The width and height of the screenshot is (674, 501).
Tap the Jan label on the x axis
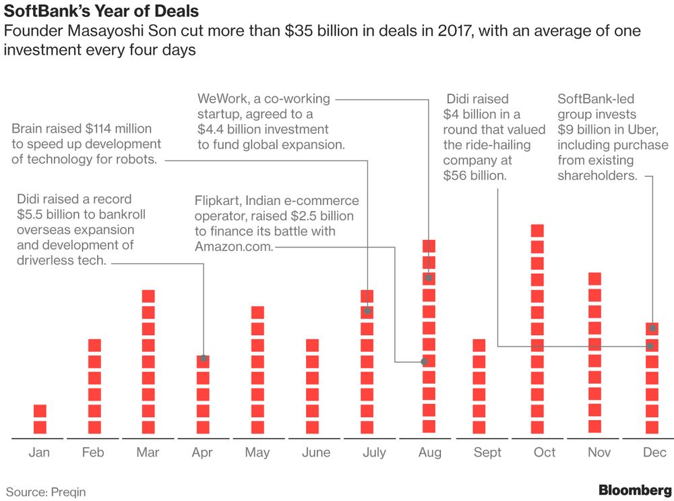pos(39,452)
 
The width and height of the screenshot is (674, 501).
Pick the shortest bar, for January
pos(40,419)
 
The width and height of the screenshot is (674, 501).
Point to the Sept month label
pos(487,452)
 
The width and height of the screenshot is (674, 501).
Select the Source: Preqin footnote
pos(47,492)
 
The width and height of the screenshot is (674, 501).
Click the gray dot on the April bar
pos(204,358)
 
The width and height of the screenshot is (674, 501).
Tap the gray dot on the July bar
pos(367,311)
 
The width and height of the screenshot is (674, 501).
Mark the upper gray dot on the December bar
pos(652,328)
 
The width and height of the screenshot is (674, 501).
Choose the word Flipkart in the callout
pos(217,201)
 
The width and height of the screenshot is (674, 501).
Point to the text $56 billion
pos(474,175)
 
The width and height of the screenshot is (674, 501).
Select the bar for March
pos(149,362)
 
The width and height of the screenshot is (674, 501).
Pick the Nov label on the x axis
pos(599,452)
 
